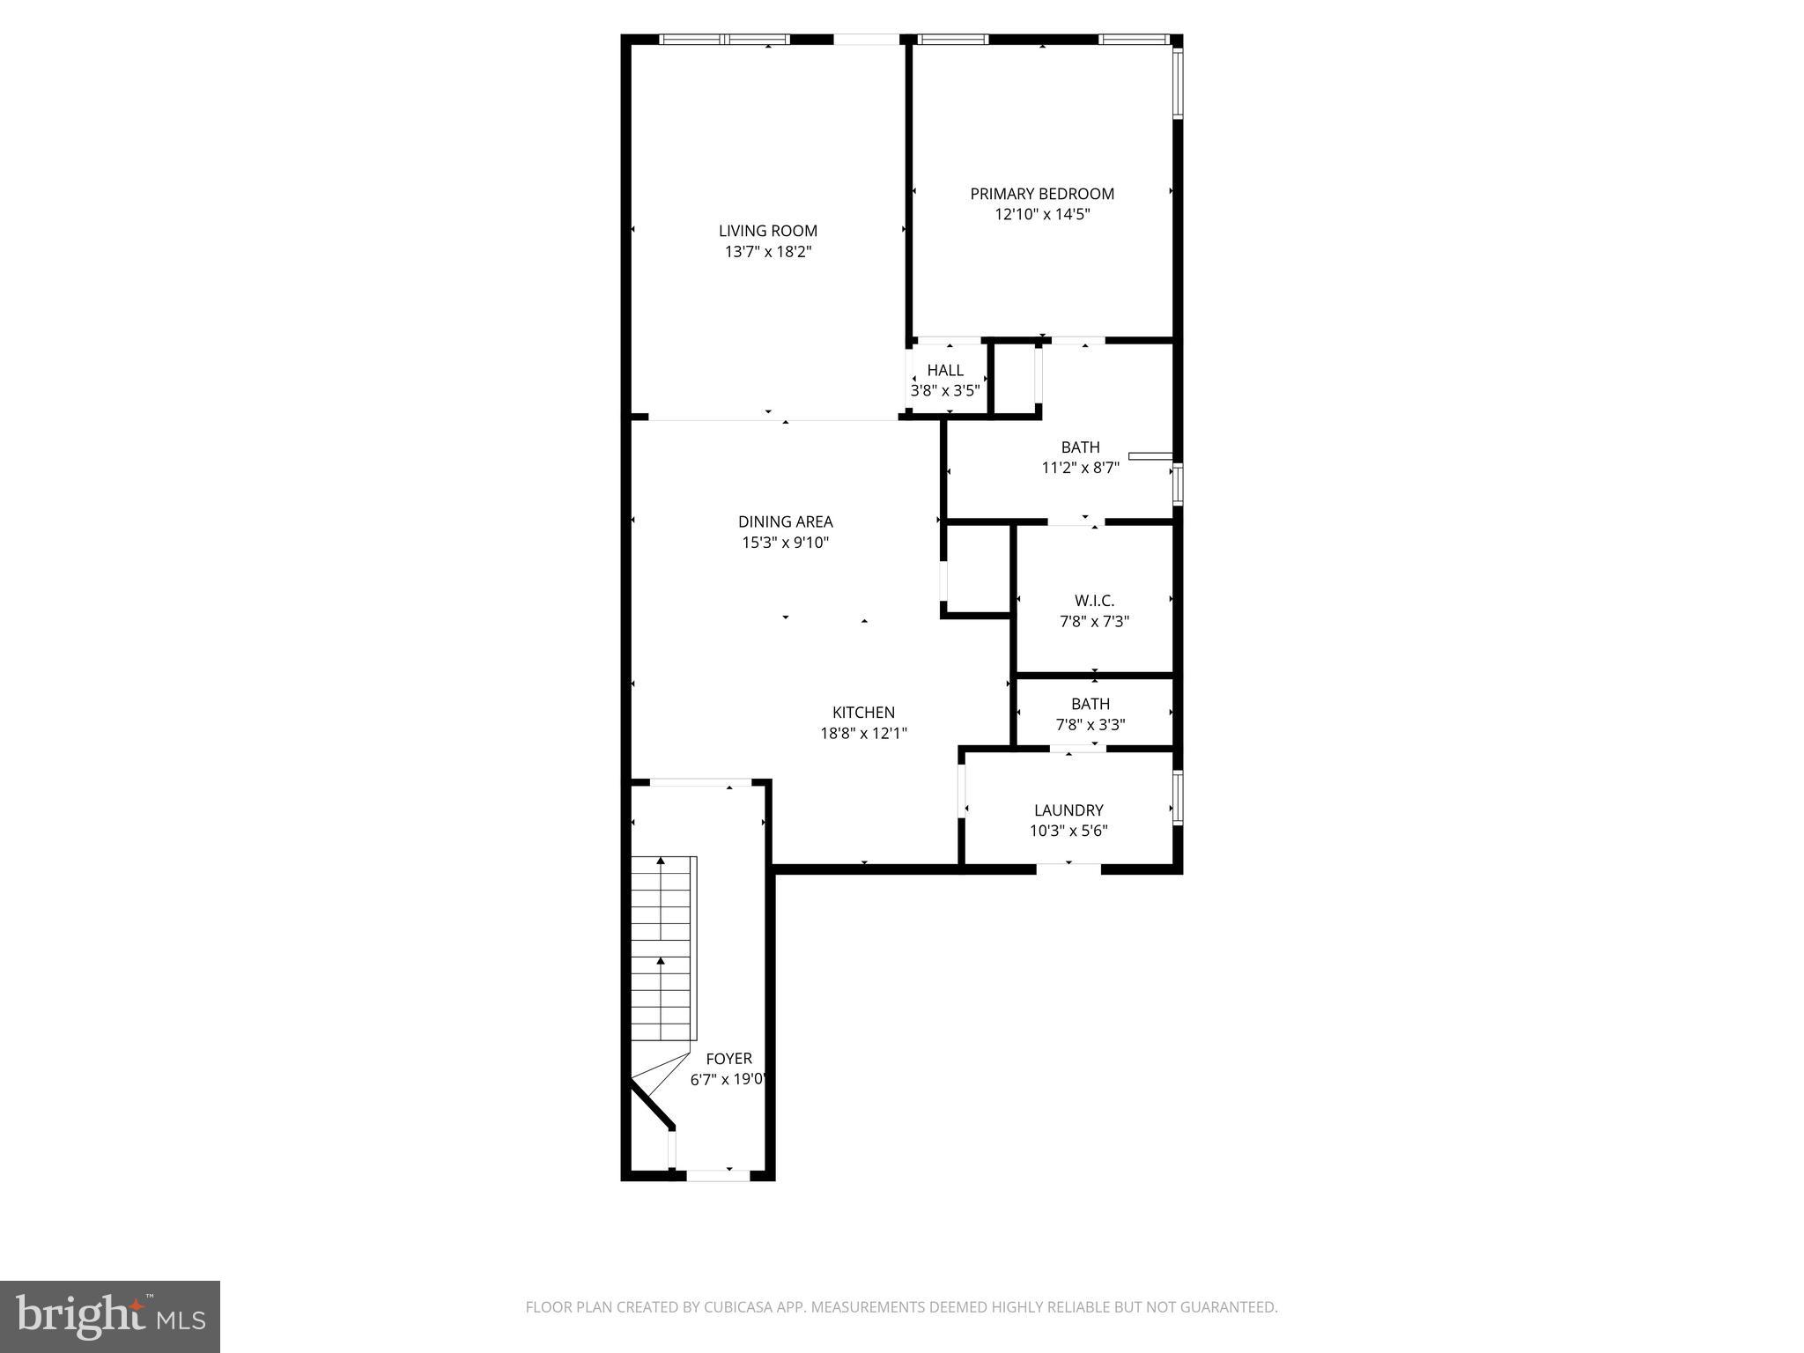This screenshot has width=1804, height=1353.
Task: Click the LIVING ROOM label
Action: (x=767, y=231)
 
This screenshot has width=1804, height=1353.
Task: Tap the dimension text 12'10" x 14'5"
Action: (x=1042, y=214)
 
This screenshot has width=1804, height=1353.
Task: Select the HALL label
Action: (x=944, y=370)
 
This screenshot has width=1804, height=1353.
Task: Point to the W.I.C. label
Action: (x=1094, y=601)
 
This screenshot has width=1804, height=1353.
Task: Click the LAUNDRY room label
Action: (x=1068, y=810)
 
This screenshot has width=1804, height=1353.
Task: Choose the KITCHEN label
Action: (x=863, y=713)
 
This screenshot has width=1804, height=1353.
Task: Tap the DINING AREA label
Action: (x=785, y=521)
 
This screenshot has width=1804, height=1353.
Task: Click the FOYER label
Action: (x=728, y=1059)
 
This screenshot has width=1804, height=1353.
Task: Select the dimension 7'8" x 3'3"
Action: (x=1091, y=725)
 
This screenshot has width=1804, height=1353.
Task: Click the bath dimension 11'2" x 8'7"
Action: (x=1080, y=468)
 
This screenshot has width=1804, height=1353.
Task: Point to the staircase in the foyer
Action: (x=663, y=948)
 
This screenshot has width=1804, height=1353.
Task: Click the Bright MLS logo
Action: (x=109, y=1316)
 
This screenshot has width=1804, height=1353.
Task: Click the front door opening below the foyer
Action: (x=717, y=1174)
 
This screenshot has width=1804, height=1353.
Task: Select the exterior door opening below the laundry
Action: (x=1068, y=869)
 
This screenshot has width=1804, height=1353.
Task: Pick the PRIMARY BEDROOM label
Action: (x=1042, y=194)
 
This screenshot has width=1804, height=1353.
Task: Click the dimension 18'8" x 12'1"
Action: (x=863, y=733)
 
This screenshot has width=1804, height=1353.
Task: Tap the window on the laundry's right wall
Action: (x=1178, y=797)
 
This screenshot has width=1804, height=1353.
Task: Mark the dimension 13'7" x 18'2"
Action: (x=767, y=252)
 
